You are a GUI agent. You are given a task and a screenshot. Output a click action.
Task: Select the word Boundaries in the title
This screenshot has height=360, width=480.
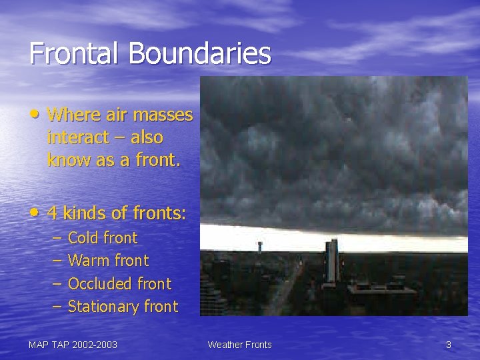click(x=200, y=53)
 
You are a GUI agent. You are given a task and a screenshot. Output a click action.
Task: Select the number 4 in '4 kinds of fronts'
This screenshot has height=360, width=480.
click(x=53, y=213)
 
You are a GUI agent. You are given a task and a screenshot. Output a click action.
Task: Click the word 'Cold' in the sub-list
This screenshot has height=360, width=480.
click(x=83, y=238)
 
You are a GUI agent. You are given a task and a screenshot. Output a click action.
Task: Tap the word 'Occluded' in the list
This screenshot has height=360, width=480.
click(x=100, y=284)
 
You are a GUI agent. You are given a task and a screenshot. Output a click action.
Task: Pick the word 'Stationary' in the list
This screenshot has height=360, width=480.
click(x=103, y=307)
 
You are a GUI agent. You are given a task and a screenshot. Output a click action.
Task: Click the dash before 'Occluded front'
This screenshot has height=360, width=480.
click(x=55, y=284)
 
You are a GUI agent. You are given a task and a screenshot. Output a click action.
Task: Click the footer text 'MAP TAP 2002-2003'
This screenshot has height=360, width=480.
click(x=73, y=345)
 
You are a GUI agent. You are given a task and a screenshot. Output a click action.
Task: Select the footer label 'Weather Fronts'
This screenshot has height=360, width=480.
click(x=239, y=345)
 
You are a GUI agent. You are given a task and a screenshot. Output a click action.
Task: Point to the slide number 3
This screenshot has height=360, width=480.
click(x=448, y=345)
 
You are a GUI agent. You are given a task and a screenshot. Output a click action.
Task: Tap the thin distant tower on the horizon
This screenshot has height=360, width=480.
click(x=259, y=246)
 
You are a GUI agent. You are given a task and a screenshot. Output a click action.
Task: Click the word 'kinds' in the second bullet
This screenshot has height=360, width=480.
click(x=84, y=213)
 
